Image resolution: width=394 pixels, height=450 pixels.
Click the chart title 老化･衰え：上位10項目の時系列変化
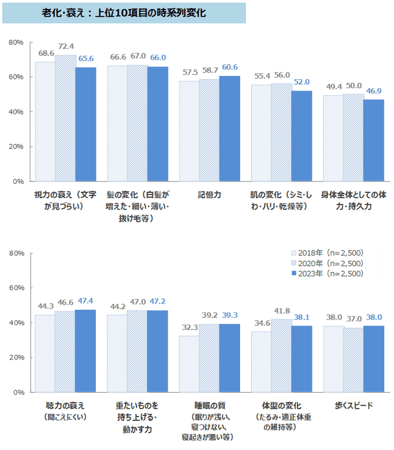[x=124, y=12]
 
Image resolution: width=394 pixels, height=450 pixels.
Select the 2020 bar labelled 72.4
[x=66, y=118]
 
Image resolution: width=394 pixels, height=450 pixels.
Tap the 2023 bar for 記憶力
[x=229, y=129]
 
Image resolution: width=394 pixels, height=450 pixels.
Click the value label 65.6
[x=86, y=57]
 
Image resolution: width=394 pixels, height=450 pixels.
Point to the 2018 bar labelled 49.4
[x=333, y=138]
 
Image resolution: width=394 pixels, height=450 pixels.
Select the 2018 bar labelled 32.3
[x=189, y=364]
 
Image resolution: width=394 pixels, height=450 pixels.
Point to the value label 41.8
[x=281, y=310]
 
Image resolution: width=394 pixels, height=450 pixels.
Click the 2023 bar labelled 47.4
[x=85, y=351]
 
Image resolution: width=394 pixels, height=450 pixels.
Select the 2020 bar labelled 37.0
[x=353, y=360]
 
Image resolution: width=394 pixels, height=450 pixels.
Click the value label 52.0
[x=301, y=82]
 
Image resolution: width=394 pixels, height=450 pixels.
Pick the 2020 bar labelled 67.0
[x=137, y=123]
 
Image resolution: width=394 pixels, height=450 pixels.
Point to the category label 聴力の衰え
[x=64, y=406]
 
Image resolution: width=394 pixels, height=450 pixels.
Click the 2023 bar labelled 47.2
[x=157, y=351]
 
